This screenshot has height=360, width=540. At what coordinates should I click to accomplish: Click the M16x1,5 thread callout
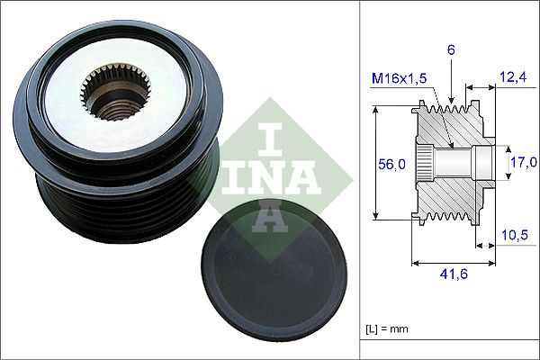pos(400,80)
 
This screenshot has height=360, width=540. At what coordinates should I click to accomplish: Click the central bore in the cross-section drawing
pos(454,163)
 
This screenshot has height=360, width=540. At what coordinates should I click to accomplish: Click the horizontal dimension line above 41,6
pos(453,264)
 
